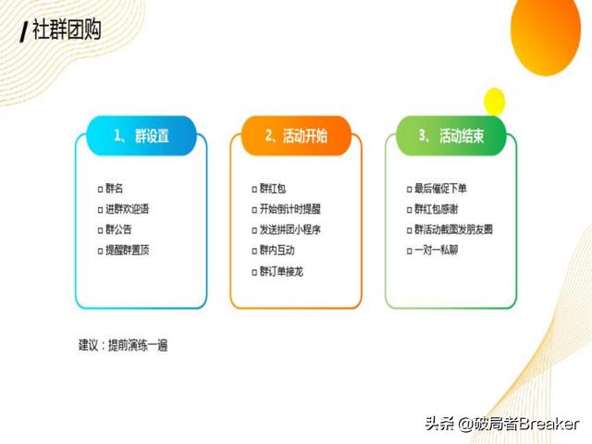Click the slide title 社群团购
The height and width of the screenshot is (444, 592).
(x=67, y=30)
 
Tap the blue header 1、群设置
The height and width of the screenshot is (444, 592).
(x=142, y=136)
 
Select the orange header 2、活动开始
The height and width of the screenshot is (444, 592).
(x=296, y=136)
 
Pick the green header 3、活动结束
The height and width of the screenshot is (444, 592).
(x=451, y=136)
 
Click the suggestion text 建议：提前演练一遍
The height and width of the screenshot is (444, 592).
(x=123, y=345)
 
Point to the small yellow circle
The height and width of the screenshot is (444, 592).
(x=494, y=101)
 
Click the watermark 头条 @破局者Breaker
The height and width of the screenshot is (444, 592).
(x=502, y=424)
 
